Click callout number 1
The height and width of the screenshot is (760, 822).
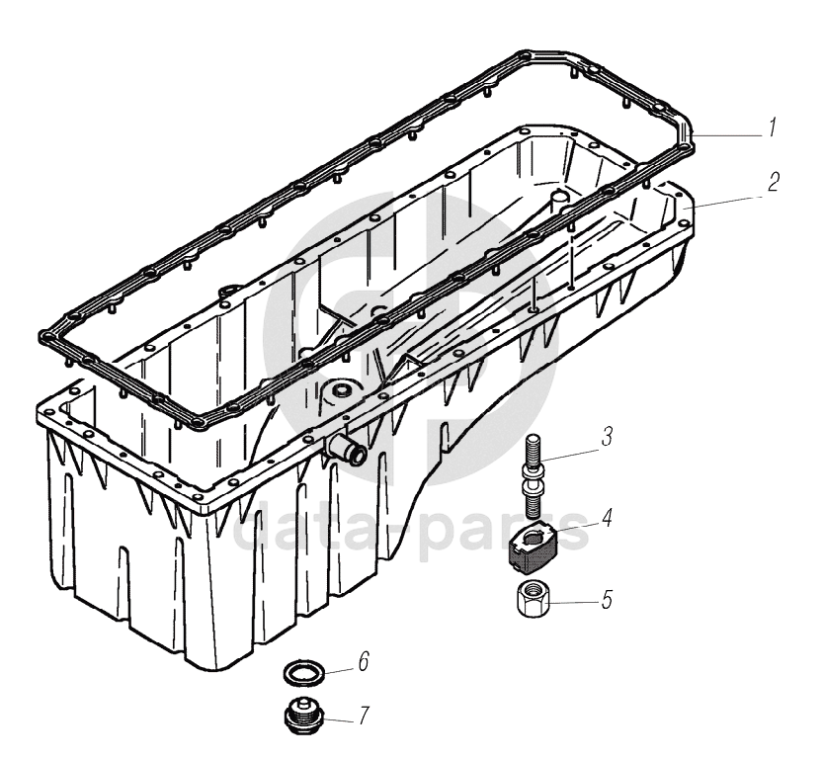pos(772,127)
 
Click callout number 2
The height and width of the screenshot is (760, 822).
pos(773,182)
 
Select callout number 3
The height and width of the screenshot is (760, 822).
pos(607,437)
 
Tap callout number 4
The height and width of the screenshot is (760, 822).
pos(607,517)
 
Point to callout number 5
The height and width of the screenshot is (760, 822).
pos(607,600)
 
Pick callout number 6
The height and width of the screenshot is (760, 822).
pos(364,661)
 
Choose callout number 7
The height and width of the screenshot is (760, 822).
pos(364,716)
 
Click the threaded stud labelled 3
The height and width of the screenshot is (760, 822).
pos(532,477)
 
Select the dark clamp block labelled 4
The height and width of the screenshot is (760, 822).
pos(534,549)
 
